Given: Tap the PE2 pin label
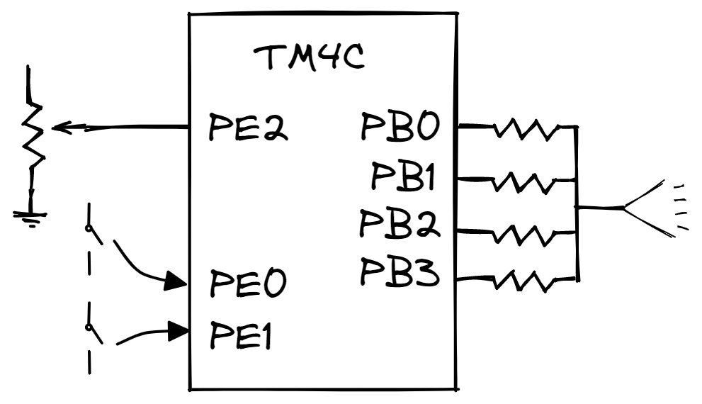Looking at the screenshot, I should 247,128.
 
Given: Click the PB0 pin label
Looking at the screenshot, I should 400,128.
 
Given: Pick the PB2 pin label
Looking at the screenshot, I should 401,225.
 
